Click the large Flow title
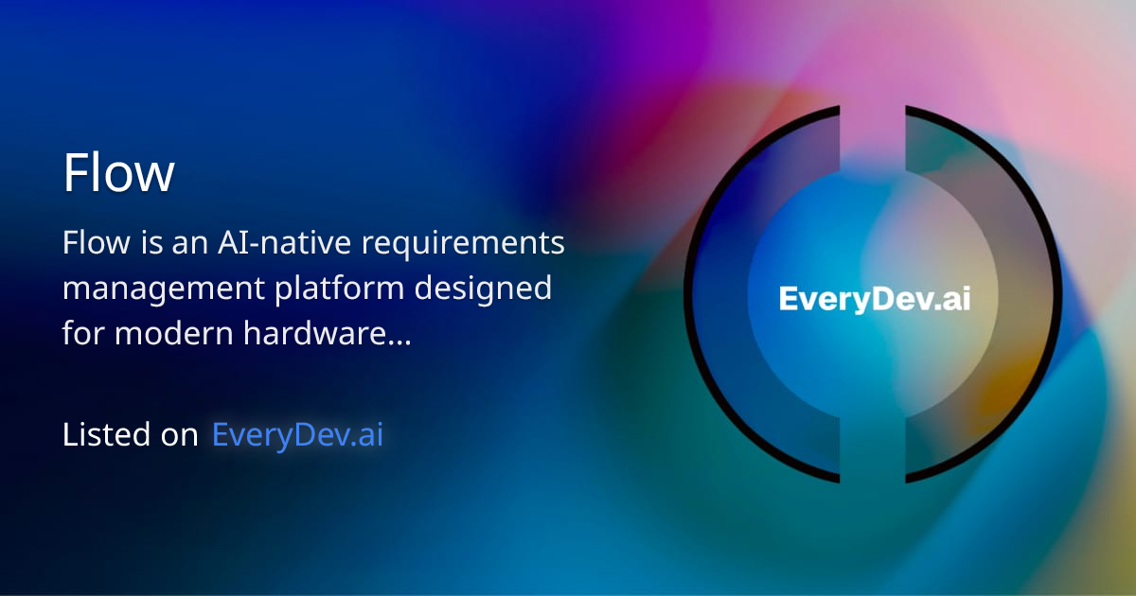pos(118,174)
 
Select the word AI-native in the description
pos(264,243)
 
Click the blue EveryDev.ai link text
pos(297,435)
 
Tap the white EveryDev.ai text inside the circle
pos(875,299)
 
